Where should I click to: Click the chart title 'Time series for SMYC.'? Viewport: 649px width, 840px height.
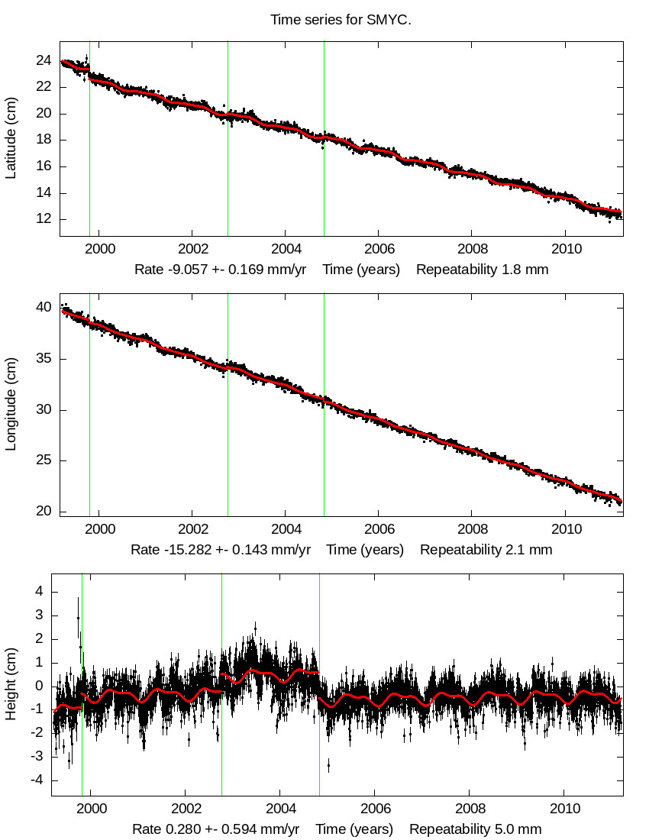[341, 20]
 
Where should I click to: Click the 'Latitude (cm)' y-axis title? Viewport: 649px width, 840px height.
[11, 138]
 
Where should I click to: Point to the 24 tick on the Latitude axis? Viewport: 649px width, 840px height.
[44, 61]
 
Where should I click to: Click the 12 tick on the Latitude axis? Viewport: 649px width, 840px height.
[44, 219]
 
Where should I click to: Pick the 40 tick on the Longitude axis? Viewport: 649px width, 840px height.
[44, 308]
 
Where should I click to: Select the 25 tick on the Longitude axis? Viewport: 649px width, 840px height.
[44, 460]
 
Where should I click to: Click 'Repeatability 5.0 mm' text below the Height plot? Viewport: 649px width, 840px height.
[475, 829]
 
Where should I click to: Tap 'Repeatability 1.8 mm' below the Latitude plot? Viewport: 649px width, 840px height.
[482, 270]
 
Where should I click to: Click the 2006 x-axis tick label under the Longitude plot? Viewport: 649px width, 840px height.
[379, 529]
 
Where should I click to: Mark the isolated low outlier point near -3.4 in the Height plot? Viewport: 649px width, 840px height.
[329, 764]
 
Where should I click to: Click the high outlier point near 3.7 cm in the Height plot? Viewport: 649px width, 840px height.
[78, 599]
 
